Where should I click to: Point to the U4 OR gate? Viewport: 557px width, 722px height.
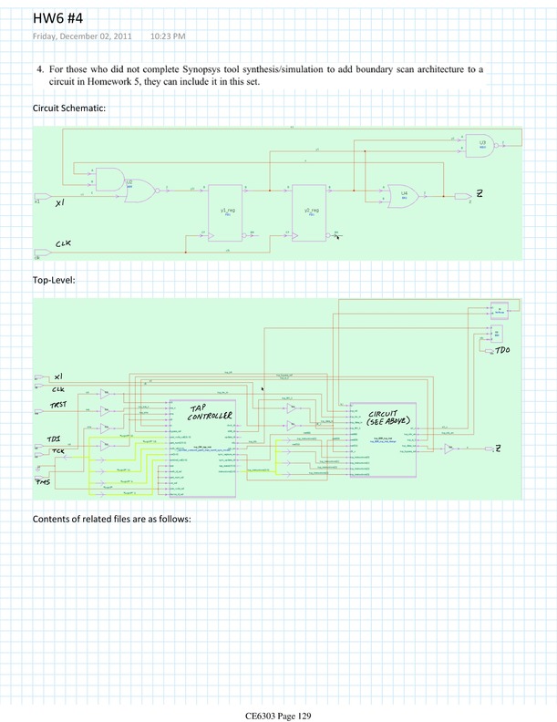tap(403, 195)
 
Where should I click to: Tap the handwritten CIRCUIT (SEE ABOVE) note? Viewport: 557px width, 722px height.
tap(381, 418)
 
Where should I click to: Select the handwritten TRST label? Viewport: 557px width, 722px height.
tap(58, 404)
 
